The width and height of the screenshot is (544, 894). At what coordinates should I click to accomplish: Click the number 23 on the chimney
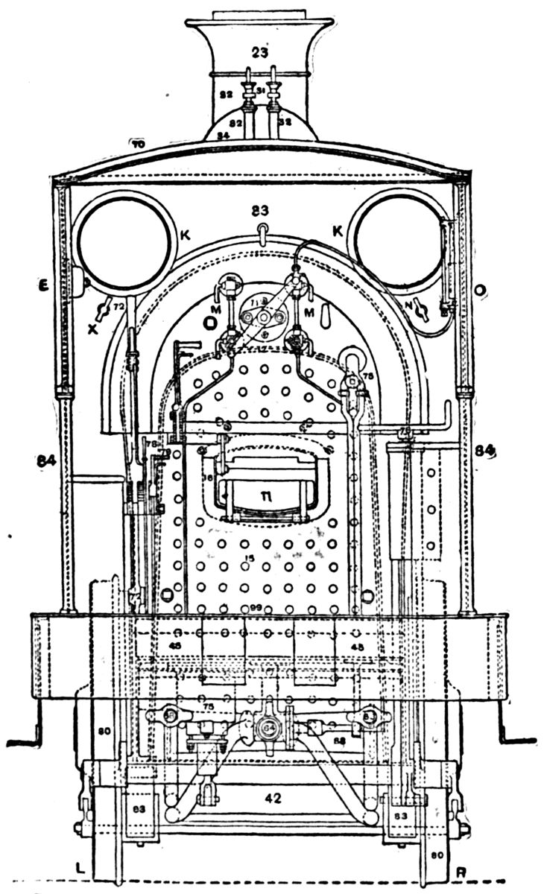pos(259,52)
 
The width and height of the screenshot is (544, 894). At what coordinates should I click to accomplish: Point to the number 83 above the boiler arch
pos(260,210)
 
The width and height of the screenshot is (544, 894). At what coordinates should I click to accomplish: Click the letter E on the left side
pos(45,284)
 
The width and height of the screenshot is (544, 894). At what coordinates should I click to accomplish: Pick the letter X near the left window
pos(92,327)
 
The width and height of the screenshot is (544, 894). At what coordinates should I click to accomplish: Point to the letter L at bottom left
pos(80,869)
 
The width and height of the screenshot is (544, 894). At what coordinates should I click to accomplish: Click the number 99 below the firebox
pos(259,608)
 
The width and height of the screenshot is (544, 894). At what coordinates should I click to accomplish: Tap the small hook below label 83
pos(260,229)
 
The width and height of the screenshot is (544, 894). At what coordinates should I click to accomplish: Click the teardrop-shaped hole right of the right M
pos(325,316)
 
